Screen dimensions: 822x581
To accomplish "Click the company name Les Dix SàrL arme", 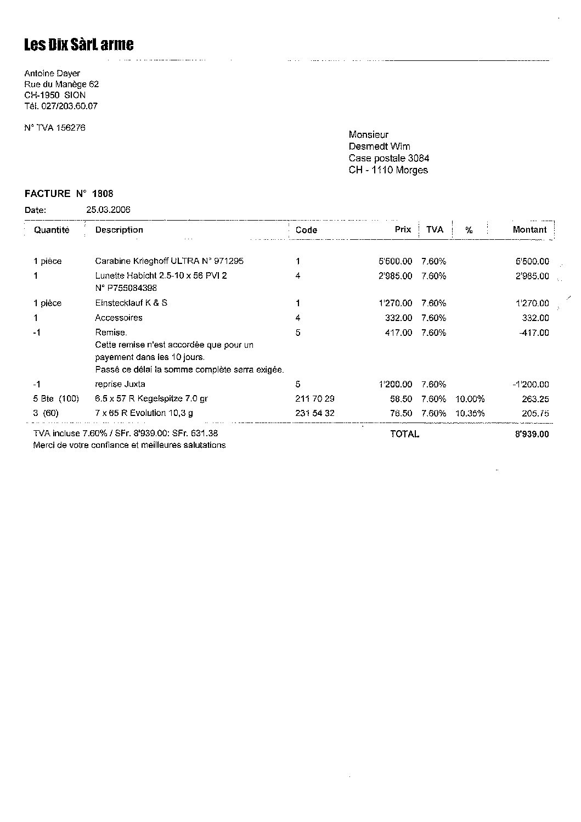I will pos(78,45).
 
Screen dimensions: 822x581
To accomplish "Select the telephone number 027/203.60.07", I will pos(69,106).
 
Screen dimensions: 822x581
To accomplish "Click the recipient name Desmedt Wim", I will pos(379,147).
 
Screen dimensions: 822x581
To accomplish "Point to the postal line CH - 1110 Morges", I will pos(388,170).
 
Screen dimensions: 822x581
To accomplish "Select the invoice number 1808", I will pos(103,194).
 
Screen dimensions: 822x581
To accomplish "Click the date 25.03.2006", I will pos(108,210).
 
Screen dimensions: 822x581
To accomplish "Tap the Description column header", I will pos(119,230).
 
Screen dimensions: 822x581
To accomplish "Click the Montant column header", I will pos(529,230).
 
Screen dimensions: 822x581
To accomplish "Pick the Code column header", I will pos(306,230).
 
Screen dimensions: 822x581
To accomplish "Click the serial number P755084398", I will pos(129,288).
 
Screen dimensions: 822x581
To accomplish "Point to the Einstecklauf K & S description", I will pos(131,303).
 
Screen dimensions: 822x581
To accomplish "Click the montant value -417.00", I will pos(533,333).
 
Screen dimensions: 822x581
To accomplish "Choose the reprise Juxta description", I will pos(120,384).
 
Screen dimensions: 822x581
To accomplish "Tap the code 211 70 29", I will pos(314,399).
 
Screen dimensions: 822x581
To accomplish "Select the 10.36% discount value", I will pos(470,413).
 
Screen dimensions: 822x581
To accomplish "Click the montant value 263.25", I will pos(535,399).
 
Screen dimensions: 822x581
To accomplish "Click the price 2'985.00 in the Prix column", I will pos(395,276).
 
